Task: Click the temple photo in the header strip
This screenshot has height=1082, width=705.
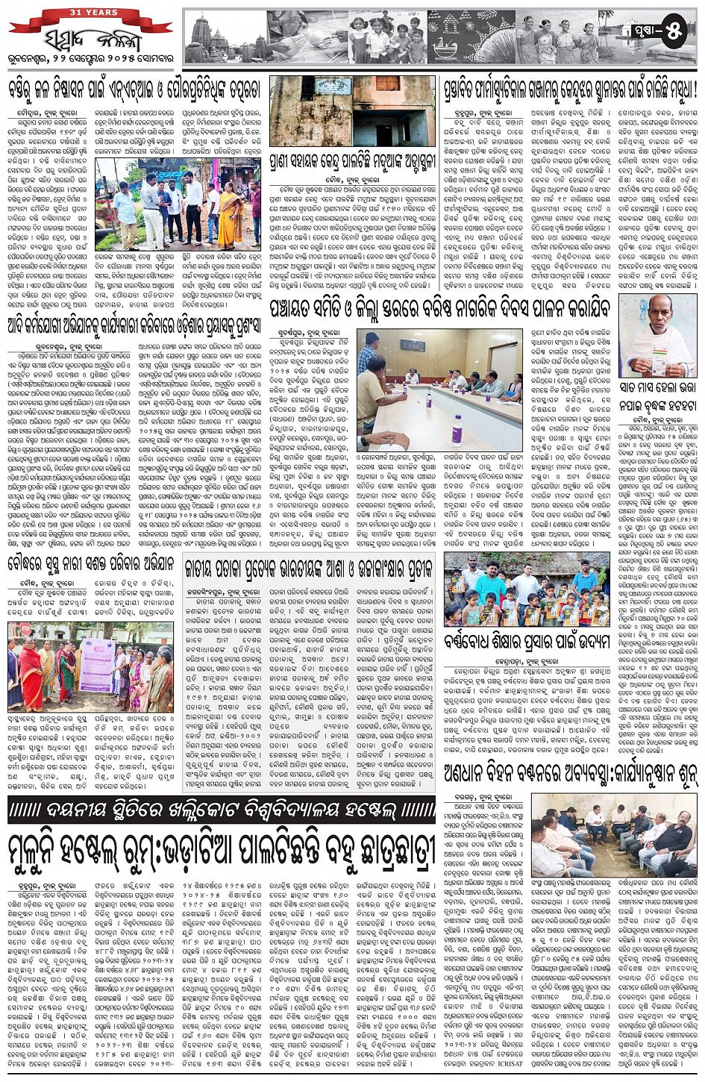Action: coord(228,36)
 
